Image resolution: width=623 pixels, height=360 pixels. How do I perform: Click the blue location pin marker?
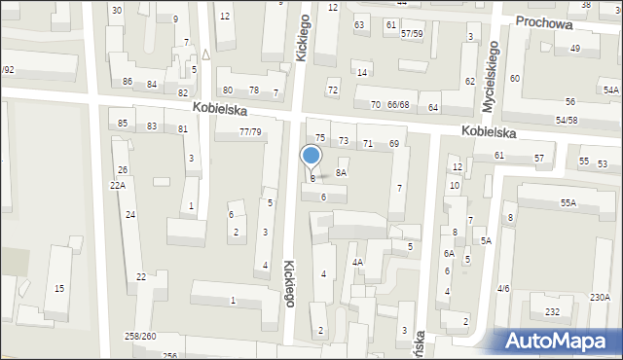click(x=311, y=157)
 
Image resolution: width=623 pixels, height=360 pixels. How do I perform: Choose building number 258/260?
click(x=141, y=336)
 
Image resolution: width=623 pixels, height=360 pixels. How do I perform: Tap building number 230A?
click(x=600, y=298)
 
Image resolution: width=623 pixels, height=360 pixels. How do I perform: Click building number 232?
click(x=553, y=311)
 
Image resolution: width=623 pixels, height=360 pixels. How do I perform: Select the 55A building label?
click(x=568, y=202)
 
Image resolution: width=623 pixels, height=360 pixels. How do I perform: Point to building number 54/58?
click(x=567, y=120)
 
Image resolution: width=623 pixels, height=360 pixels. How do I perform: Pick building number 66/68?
click(x=397, y=104)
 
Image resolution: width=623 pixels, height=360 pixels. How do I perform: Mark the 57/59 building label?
click(x=412, y=34)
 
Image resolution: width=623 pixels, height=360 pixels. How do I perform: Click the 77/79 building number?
click(x=250, y=131)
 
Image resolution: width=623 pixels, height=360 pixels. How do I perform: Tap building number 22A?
click(x=117, y=185)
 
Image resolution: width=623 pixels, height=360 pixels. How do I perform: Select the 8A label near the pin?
click(x=341, y=172)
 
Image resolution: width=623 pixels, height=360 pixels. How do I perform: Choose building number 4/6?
click(x=503, y=288)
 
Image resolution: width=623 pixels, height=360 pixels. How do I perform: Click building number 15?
click(x=59, y=288)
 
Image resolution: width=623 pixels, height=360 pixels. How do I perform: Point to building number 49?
click(x=576, y=49)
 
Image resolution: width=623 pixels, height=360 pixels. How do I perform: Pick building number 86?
click(x=128, y=82)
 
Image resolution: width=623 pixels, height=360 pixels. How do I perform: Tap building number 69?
click(x=394, y=144)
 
